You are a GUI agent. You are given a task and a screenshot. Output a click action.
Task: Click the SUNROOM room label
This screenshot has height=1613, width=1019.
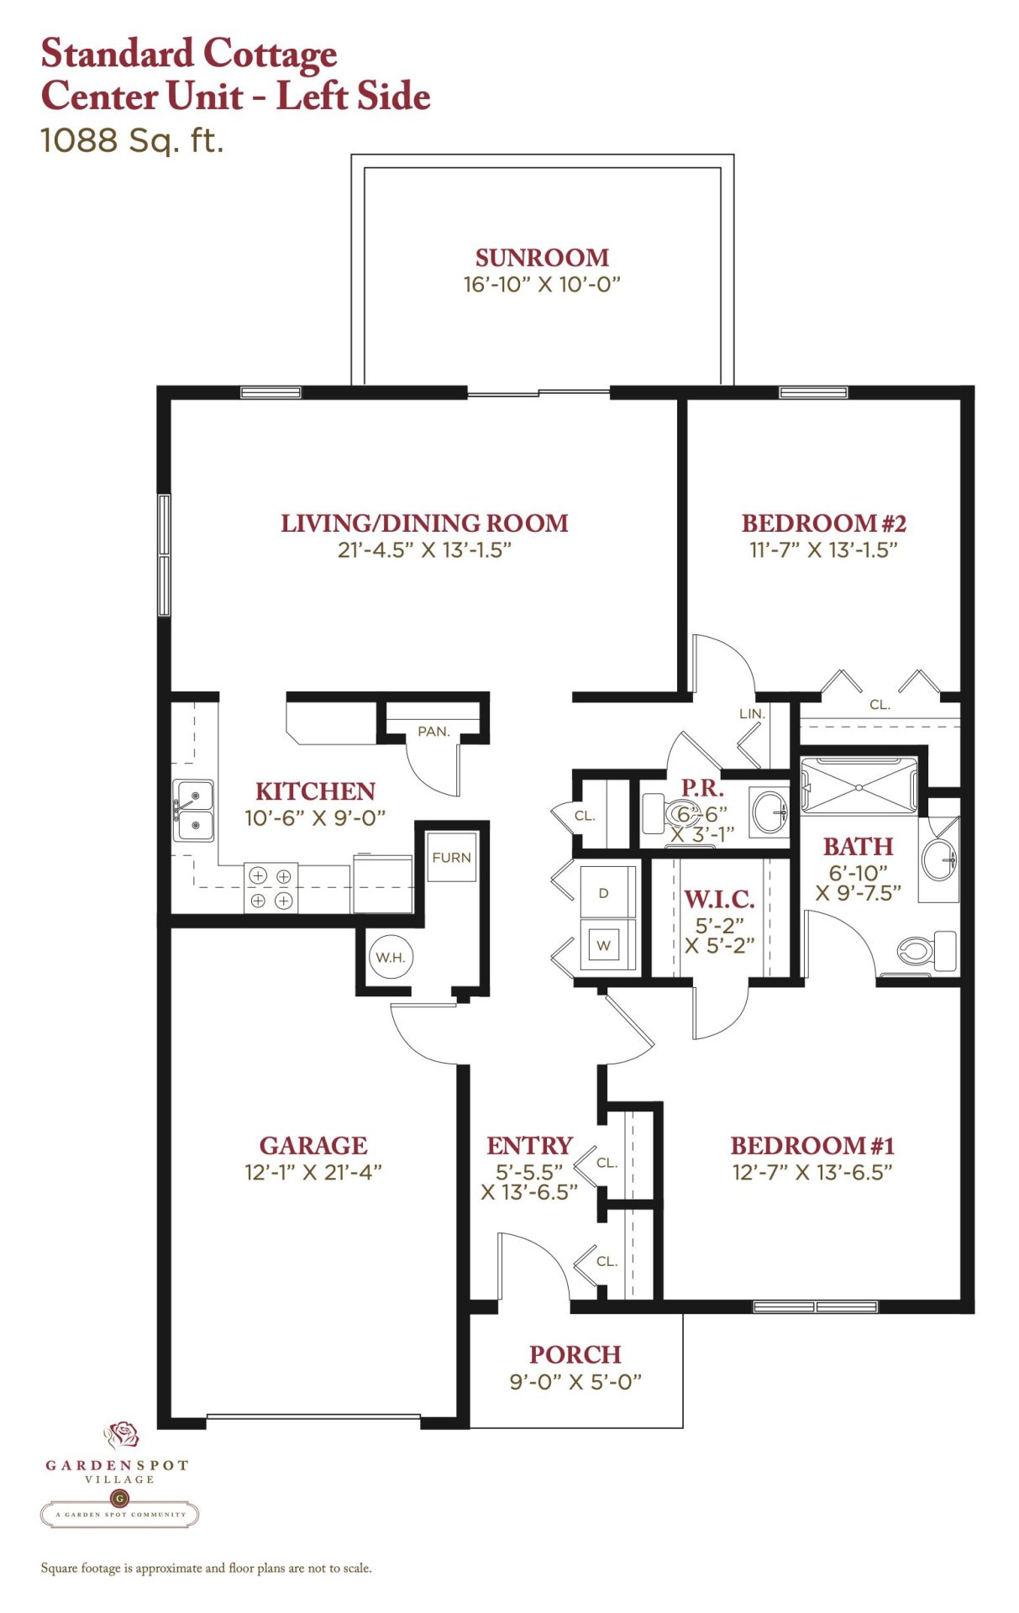[x=542, y=257]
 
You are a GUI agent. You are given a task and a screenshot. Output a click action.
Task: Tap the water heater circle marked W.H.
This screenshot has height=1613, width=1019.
[x=391, y=957]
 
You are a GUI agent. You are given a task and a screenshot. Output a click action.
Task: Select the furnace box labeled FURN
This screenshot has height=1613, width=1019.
[x=452, y=856]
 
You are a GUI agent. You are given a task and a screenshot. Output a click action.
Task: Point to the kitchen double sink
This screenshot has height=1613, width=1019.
[x=193, y=810]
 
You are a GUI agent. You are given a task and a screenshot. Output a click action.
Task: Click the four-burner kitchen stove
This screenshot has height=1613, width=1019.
[x=271, y=888]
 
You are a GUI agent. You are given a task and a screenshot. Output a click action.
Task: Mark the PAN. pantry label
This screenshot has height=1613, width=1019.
[x=433, y=732]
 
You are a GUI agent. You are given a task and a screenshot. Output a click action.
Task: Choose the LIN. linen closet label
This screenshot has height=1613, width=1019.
[x=752, y=714]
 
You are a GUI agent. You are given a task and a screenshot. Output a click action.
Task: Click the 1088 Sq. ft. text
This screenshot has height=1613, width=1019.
[x=132, y=140]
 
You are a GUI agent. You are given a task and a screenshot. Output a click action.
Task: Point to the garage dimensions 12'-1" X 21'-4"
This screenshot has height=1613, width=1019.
[x=313, y=1172]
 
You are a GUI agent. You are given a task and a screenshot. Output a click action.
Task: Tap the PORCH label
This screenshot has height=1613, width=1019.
[x=575, y=1354]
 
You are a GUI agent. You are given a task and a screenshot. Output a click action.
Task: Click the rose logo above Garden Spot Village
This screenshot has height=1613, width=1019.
[x=122, y=1435]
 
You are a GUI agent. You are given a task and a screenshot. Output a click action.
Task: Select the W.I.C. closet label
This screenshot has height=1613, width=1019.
[x=719, y=900]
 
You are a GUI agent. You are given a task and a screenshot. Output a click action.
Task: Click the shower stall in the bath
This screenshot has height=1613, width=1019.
[x=859, y=786]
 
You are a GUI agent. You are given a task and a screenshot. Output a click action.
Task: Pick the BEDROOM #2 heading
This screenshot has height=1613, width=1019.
[x=823, y=523]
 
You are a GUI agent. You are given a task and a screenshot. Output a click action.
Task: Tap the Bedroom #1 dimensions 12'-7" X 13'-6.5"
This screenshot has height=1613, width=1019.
[x=812, y=1172]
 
